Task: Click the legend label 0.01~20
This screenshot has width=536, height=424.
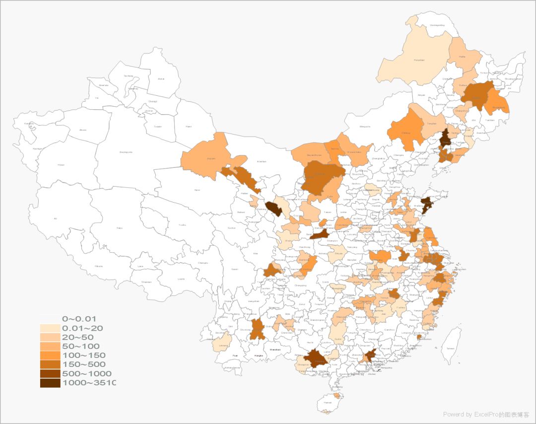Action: tap(82, 328)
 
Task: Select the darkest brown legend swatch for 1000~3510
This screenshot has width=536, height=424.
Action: tap(50, 383)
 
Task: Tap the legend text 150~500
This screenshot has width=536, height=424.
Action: tap(83, 364)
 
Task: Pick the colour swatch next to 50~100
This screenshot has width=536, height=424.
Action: tap(50, 346)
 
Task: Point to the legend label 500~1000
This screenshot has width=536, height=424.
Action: tap(86, 373)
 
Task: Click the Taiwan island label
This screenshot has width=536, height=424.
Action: tap(450, 349)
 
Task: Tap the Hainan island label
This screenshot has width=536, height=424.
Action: tap(327, 403)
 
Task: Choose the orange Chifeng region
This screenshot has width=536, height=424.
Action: tap(406, 133)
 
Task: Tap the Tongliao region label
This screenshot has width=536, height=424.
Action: tap(431, 123)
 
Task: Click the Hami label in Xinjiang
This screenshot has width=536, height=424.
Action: tap(188, 127)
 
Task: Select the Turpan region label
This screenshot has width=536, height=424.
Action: tap(158, 127)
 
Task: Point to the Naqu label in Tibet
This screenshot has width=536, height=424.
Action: tap(119, 228)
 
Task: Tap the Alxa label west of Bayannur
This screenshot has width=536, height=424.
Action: tap(262, 161)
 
